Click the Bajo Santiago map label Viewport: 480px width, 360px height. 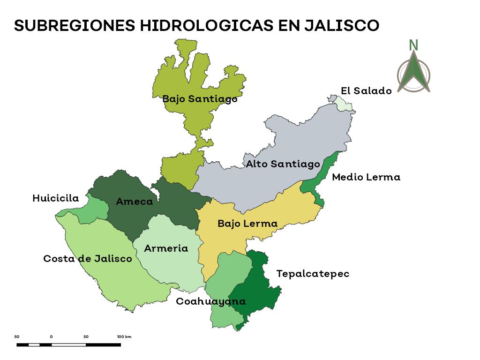click(x=200, y=99)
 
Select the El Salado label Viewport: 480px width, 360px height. click(x=366, y=91)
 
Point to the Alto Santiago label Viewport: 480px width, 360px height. click(x=283, y=164)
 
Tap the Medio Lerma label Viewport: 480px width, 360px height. click(x=366, y=177)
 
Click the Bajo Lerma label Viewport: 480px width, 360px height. click(x=247, y=224)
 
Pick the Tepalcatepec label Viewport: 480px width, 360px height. click(x=313, y=274)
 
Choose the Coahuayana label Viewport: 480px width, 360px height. click(x=210, y=301)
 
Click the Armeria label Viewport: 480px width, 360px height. click(x=166, y=248)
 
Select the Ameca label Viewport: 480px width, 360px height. click(x=135, y=202)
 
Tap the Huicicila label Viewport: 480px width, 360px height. click(x=56, y=199)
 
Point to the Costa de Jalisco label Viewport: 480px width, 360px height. click(x=88, y=259)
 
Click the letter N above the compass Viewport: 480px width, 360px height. click(x=413, y=45)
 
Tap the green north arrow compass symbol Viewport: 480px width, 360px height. click(x=413, y=73)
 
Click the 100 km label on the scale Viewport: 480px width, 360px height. click(x=124, y=337)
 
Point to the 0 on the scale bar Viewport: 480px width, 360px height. click(x=51, y=337)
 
